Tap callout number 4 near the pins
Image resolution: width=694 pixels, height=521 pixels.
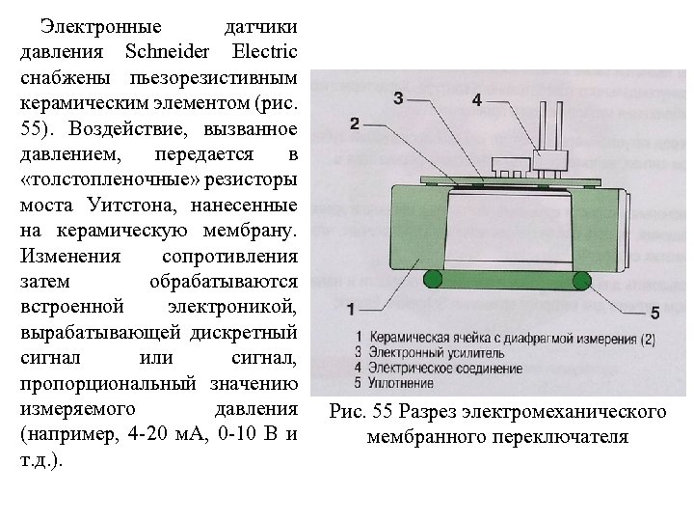coord(477,100)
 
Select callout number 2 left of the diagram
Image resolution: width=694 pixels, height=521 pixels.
coord(355,124)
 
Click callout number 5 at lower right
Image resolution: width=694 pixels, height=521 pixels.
coord(654,313)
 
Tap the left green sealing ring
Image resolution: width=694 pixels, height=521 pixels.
coord(434,281)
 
